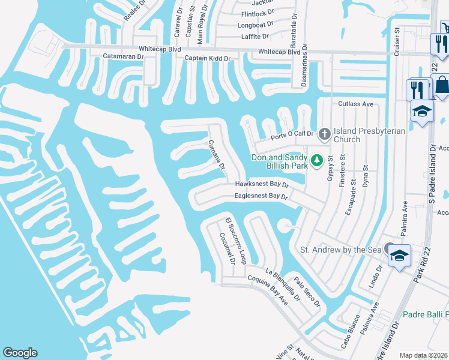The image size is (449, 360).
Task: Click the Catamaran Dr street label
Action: (x=124, y=56)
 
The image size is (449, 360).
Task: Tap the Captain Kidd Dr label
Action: (x=207, y=58)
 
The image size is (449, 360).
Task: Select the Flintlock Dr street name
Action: (x=257, y=12)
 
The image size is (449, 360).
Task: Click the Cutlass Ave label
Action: (x=355, y=104)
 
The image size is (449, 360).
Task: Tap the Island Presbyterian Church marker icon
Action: (x=325, y=133)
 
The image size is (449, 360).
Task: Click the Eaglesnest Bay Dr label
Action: (x=262, y=196)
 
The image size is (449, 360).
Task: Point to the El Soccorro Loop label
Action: (x=236, y=241)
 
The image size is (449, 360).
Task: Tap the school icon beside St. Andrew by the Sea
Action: (x=399, y=256)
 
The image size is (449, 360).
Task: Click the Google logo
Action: (x=20, y=353)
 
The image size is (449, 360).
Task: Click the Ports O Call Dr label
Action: (x=292, y=135)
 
